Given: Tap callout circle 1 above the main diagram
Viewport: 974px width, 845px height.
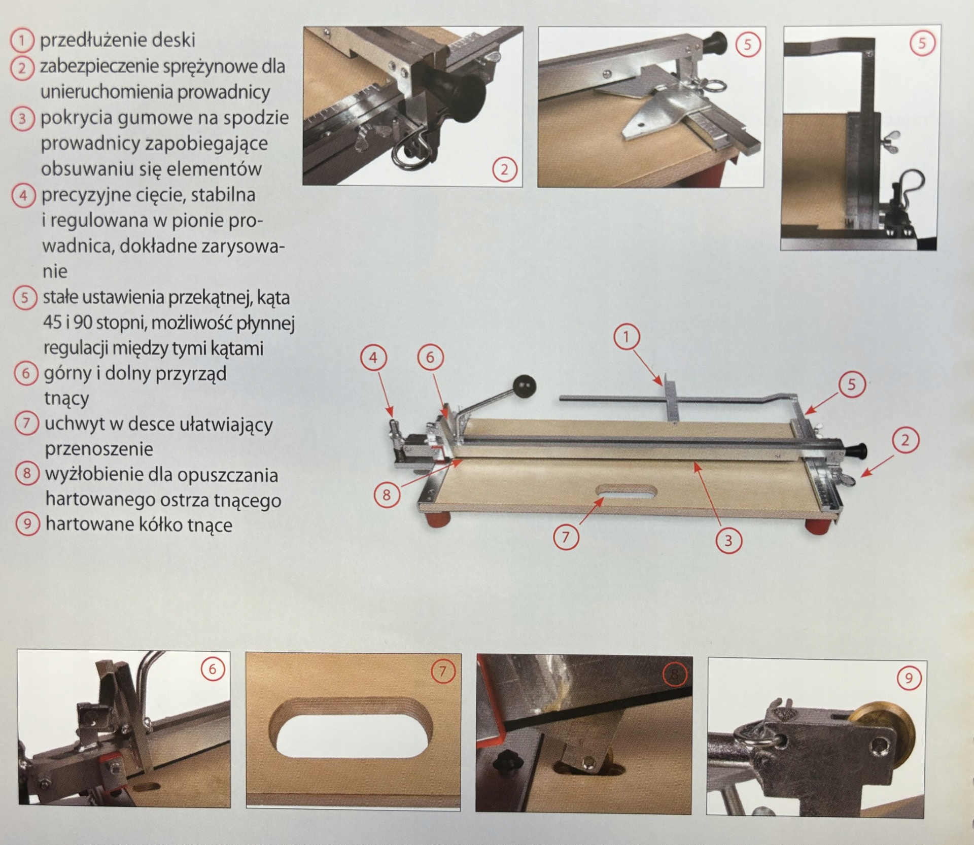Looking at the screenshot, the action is click(626, 337).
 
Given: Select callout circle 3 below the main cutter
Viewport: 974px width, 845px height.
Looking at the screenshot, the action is click(728, 541).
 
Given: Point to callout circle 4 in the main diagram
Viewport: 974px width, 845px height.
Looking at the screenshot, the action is click(373, 358).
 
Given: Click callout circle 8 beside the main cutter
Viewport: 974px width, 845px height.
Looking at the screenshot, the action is click(387, 495).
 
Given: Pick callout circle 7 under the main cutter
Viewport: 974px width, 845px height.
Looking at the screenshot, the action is click(565, 537).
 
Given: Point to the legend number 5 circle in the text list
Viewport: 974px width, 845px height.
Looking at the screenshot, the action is click(24, 297).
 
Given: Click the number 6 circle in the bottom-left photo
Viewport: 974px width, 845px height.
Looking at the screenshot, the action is click(212, 670).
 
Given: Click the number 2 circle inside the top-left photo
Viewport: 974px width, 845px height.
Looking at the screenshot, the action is click(504, 169).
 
